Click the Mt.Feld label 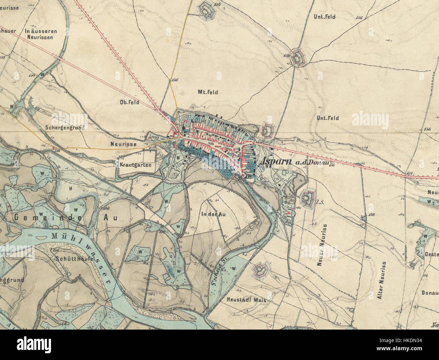pos(208,92)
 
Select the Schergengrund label pos(64,127)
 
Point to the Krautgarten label pos(135,165)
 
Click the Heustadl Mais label pos(247,300)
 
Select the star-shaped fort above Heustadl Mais pos(261,270)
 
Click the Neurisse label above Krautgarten pos(123,144)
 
